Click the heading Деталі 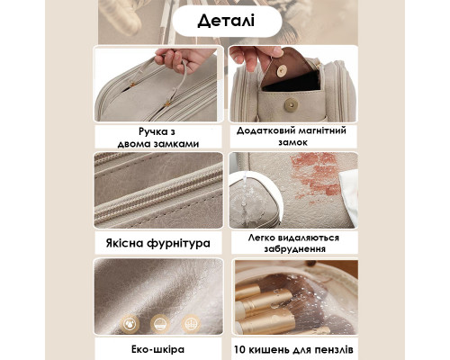[226, 21]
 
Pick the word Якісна [124, 243]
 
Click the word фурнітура [178, 243]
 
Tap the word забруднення [294, 249]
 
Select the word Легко [260, 238]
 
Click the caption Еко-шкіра [157, 349]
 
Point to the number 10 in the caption [239, 350]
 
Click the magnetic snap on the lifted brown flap [282, 71]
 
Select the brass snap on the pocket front [291, 105]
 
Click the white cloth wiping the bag [349, 196]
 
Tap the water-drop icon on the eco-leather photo [130, 324]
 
